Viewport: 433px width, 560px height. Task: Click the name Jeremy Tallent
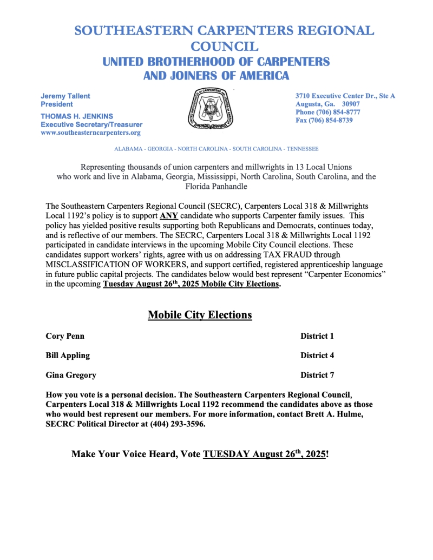[x=65, y=96]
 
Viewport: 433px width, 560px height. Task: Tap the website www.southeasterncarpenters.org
[x=90, y=133]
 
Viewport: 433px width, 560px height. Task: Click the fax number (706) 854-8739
[x=331, y=120]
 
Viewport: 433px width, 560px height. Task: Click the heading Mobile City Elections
[x=200, y=314]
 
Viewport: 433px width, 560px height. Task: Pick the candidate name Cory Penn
[x=65, y=336]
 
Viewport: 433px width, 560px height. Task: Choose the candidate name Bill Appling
[x=68, y=355]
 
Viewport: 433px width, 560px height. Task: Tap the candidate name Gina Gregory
[x=71, y=375]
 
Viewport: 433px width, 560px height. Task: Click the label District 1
[x=317, y=336]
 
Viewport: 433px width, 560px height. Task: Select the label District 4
[x=317, y=355]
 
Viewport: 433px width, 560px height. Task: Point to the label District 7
[x=317, y=375]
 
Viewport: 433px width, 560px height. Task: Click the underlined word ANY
[x=169, y=215]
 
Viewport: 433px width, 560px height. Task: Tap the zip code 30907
[x=355, y=104]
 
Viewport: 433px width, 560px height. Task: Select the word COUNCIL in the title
[x=224, y=47]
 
